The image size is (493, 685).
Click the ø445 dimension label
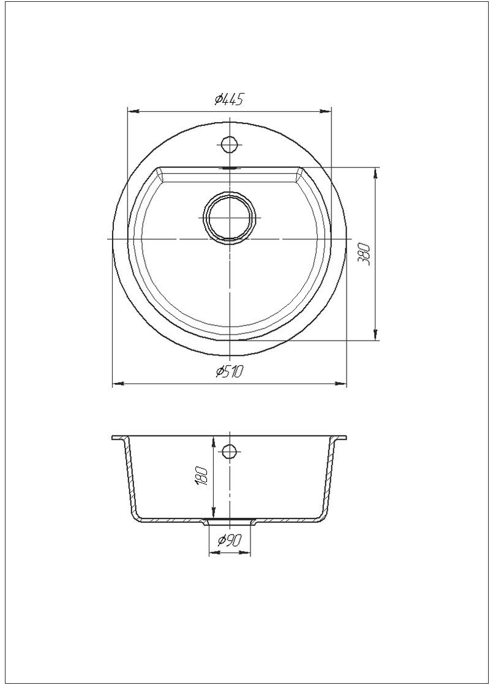pos(229,100)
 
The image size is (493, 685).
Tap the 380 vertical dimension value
pos(364,254)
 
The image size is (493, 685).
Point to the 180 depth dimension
pos(201,477)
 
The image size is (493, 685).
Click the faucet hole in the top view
pos(229,143)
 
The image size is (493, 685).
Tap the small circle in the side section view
pos(229,450)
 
